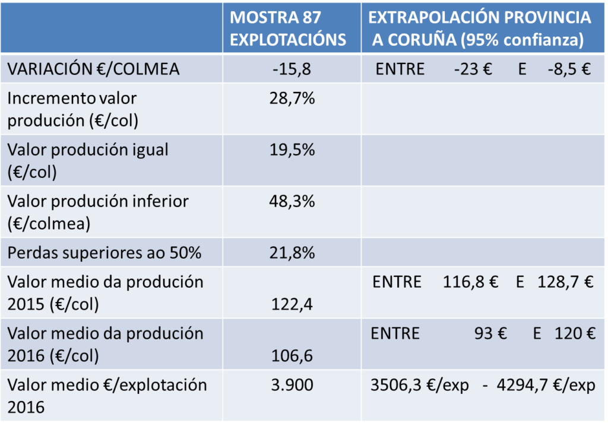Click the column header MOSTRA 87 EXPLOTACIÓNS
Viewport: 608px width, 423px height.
coord(288,28)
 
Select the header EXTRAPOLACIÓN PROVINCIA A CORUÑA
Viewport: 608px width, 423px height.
coord(480,28)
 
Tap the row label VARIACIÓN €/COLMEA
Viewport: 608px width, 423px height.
coord(93,69)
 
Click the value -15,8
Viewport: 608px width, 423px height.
coord(292,69)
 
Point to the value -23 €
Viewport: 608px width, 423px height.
coord(473,69)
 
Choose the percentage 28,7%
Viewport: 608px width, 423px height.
coord(292,98)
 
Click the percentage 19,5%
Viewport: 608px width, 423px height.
coord(292,150)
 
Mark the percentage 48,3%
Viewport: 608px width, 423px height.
coord(292,201)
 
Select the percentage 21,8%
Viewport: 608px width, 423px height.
coord(292,253)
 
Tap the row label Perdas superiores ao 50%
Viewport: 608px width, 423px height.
coord(104,253)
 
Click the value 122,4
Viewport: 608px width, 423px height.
coord(292,304)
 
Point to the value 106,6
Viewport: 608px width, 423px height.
coord(292,356)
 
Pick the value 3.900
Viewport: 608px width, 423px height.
coord(292,385)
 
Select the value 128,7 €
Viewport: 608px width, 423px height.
coord(565,282)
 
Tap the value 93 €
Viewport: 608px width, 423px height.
coord(490,333)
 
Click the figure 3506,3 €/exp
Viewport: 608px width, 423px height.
coord(419,385)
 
